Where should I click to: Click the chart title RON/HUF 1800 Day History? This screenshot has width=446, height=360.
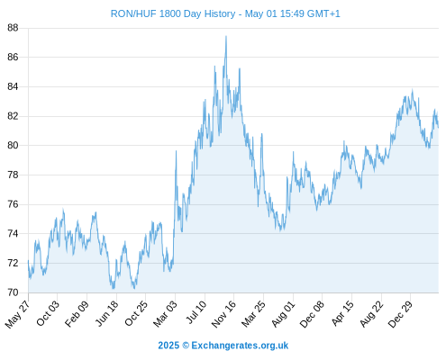click(173, 13)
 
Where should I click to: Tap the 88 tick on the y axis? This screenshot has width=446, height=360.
click(13, 28)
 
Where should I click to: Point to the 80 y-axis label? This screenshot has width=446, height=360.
click(13, 146)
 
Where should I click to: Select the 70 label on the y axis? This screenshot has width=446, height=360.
click(13, 292)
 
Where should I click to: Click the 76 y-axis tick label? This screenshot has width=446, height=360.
click(13, 204)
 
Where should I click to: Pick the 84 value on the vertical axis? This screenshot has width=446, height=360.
click(13, 86)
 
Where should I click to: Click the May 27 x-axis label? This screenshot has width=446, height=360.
click(18, 314)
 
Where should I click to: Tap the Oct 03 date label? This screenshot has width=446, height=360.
click(48, 313)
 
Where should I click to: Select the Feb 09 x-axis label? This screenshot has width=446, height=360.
click(77, 313)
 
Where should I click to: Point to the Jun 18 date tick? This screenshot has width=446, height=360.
click(106, 313)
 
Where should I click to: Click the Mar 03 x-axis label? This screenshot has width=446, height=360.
click(165, 313)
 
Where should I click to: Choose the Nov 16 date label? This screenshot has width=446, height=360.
click(223, 313)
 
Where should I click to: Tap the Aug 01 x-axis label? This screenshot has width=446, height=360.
click(283, 313)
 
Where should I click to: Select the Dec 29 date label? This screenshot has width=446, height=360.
click(400, 313)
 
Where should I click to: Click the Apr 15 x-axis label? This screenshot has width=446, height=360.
click(341, 313)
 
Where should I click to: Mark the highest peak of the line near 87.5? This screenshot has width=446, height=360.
click(226, 36)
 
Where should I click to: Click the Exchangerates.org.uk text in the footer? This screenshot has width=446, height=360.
click(240, 346)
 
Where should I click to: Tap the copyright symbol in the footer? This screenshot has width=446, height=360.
click(186, 346)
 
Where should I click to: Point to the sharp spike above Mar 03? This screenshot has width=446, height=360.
click(176, 151)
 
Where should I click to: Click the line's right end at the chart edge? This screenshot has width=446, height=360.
click(438, 127)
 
